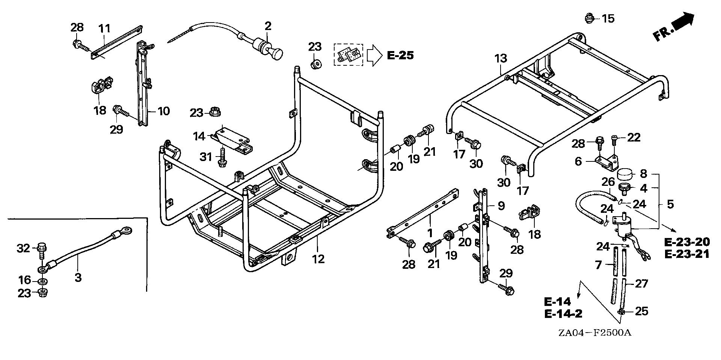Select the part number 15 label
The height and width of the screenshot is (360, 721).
click(x=608, y=18)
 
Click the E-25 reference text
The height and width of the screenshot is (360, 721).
click(x=400, y=56)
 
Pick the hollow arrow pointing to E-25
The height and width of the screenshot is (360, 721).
click(x=374, y=56)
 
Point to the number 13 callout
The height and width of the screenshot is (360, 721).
click(x=501, y=59)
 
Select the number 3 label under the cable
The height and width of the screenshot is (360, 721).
click(x=78, y=278)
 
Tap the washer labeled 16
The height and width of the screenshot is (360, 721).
click(x=42, y=281)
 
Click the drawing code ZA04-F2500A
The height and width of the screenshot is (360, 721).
click(x=593, y=333)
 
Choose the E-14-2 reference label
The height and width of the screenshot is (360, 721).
click(x=564, y=314)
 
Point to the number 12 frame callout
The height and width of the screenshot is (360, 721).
click(x=318, y=259)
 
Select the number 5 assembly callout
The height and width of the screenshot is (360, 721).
click(x=670, y=204)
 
